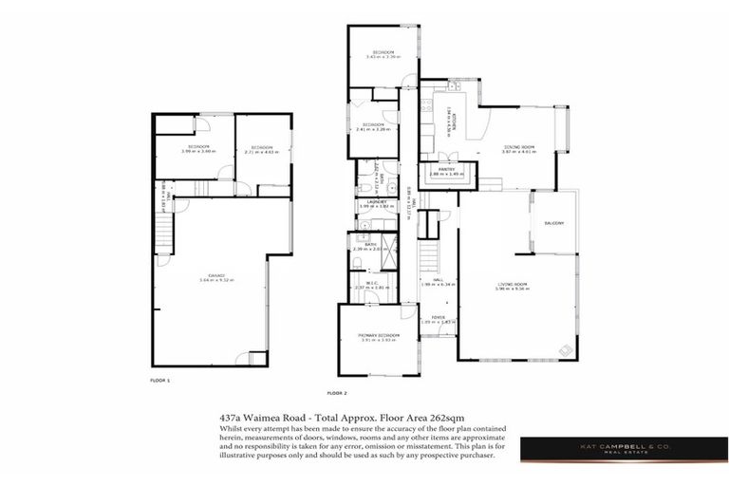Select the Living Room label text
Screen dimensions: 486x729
coord(514,284)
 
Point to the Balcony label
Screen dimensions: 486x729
coord(554,223)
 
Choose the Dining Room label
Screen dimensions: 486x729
coord(518,148)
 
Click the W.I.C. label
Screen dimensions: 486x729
coord(366,284)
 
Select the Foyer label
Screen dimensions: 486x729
coord(439,318)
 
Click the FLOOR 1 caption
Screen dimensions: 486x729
coord(159,380)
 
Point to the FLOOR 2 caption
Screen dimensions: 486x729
coord(337,392)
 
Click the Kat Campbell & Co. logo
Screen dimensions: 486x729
coord(624,449)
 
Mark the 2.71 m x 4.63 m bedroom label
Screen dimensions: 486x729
coord(256,149)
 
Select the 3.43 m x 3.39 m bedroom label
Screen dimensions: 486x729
coord(383,54)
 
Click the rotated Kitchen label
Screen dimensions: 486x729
coord(457,120)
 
